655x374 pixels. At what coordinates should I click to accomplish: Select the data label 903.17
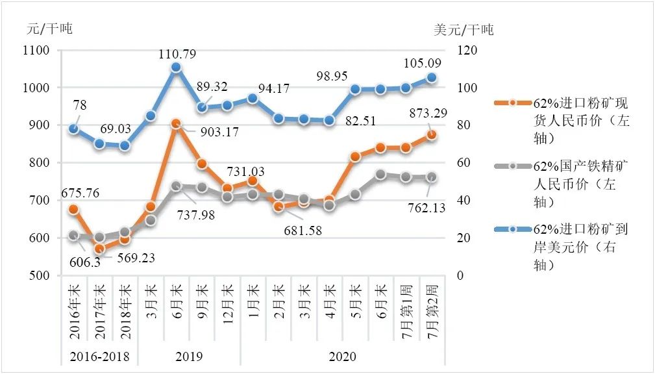(x=219, y=132)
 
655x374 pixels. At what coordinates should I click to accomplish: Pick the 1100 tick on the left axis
(x=38, y=51)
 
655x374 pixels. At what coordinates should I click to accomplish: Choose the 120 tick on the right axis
(x=469, y=51)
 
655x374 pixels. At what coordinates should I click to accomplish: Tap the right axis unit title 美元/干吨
(x=463, y=29)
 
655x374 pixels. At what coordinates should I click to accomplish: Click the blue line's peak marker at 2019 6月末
(x=176, y=68)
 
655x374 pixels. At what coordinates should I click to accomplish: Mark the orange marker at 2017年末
(x=99, y=249)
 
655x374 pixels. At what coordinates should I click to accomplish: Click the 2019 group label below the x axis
(x=189, y=356)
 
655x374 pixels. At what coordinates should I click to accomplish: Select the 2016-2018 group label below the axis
(x=99, y=356)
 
